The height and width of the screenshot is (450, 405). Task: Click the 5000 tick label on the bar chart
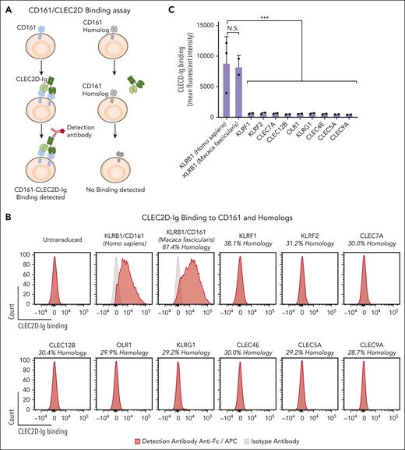click(206, 87)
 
